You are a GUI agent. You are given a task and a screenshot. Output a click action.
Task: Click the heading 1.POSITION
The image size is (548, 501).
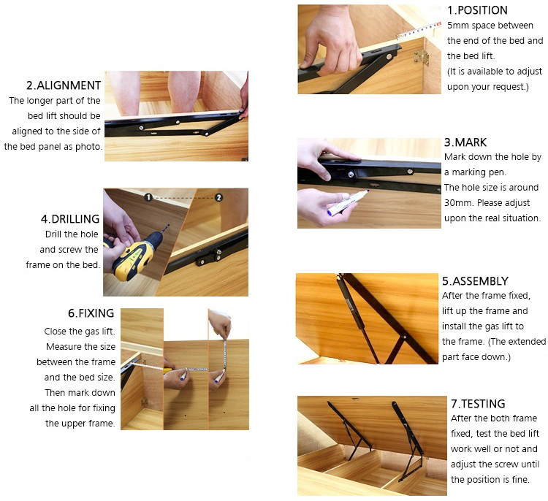coord(477,10)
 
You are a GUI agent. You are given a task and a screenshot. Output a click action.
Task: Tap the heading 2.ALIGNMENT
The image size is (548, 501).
coord(64,85)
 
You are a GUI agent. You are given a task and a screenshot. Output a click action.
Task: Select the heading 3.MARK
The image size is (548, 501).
coord(465,142)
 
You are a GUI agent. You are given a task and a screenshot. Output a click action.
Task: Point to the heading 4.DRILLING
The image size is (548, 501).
coord(70,219)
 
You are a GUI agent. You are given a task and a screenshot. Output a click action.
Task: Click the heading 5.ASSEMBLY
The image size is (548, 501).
coord(476,281)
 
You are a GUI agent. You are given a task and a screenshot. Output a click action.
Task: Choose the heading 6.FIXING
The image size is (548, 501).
coord(91,313)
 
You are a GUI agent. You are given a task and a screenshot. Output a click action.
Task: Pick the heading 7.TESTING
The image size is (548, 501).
coord(478,404)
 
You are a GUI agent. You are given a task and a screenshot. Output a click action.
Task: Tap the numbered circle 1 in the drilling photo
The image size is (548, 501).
coord(148,197)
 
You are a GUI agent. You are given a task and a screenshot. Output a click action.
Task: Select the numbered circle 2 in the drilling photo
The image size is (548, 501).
coord(218,197)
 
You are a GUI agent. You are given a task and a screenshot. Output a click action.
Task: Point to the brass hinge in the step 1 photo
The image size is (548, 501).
coord(422,56)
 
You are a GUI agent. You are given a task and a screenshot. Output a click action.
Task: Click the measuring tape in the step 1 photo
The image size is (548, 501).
coord(419,29)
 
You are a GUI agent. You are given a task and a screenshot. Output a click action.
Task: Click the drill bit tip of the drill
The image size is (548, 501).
coord(168,226)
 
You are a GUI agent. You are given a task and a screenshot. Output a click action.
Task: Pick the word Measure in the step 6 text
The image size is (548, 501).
coord(62,347)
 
